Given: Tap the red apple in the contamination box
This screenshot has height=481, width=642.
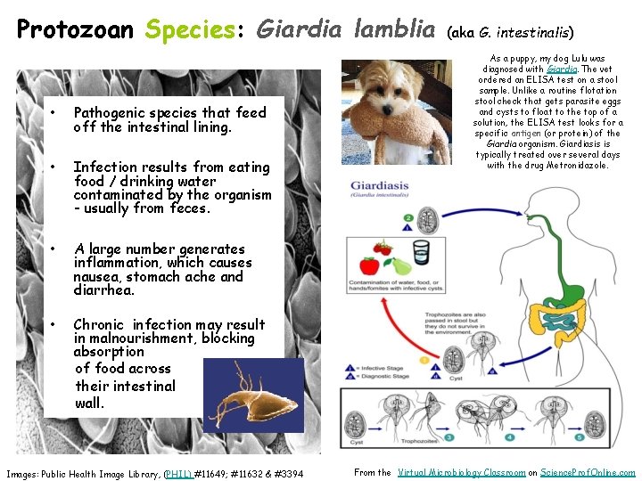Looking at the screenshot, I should click(x=368, y=265).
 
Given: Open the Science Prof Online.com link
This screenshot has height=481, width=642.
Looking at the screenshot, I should click(x=589, y=473).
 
